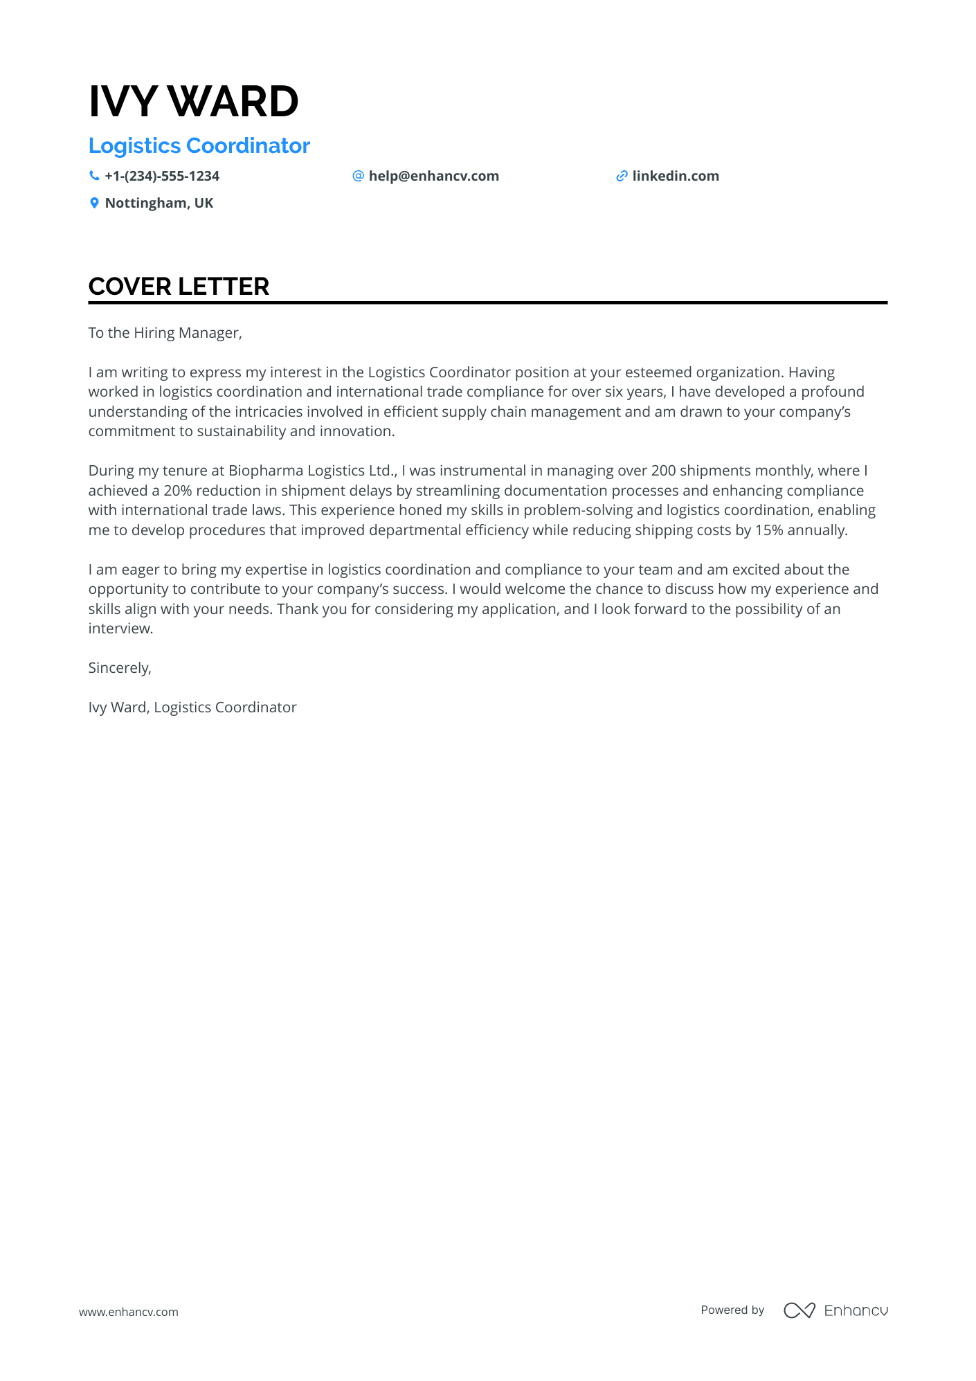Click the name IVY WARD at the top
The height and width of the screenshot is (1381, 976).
point(193,102)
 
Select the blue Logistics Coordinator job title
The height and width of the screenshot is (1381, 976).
point(199,146)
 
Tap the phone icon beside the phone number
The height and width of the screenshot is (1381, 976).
point(94,176)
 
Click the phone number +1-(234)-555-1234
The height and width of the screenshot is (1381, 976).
point(162,176)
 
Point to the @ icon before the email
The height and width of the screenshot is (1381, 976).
point(358,176)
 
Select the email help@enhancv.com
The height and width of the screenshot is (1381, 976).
point(433,176)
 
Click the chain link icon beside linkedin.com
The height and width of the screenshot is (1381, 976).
point(622,176)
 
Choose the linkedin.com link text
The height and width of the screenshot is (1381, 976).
point(676,176)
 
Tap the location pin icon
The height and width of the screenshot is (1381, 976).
point(94,203)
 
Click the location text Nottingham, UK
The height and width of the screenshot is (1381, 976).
point(159,203)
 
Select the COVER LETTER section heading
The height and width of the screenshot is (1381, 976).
point(179,287)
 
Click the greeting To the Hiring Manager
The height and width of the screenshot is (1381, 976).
point(165,333)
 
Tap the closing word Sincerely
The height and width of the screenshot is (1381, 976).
point(119,668)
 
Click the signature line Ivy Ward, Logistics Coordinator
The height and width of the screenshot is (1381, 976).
point(192,707)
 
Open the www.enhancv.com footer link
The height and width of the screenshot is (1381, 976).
point(129,1312)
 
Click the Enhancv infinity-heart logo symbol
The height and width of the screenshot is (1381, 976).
point(799,1310)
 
